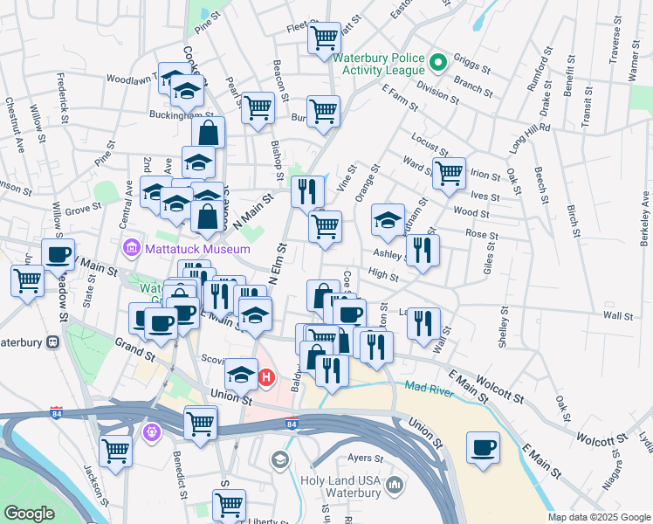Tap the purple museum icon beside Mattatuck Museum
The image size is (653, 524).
coord(132,248)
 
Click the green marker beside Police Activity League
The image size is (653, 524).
coord(438,62)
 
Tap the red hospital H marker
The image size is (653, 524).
coord(267,378)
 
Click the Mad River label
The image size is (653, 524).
coord(428,386)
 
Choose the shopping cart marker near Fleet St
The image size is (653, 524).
coord(325,38)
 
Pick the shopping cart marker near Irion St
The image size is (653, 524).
coord(449,172)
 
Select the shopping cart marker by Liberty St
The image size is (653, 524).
coord(229,505)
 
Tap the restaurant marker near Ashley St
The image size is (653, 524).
coord(423,250)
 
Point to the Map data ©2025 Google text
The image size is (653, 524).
coord(599,517)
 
